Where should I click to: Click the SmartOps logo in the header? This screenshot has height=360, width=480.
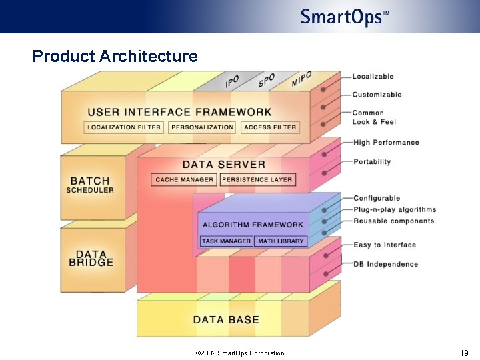344,17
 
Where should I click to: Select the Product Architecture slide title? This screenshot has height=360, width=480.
115,56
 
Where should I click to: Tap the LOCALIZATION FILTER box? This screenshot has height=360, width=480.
124,127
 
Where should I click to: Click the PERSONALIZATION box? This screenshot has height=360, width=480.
202,127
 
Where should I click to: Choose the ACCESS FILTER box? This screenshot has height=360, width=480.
269,127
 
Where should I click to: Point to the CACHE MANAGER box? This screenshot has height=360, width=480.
185,179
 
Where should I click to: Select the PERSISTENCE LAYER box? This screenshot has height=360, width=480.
257,179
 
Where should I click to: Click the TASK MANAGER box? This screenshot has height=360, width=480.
226,241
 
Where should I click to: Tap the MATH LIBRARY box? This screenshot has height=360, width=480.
281,241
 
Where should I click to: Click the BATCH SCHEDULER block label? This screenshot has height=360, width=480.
91,185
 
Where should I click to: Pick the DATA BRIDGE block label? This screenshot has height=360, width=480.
91,259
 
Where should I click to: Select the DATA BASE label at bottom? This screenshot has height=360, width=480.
226,320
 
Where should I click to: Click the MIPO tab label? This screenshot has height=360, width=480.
301,79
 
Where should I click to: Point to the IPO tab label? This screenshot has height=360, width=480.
232,81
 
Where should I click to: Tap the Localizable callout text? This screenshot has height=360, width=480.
373,77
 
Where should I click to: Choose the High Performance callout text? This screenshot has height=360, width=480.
386,143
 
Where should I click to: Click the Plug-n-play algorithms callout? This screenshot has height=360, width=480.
395,210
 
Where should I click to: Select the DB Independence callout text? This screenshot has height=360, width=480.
385,264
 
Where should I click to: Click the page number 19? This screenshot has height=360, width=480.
464,353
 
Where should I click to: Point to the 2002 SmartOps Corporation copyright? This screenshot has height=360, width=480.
239,353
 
